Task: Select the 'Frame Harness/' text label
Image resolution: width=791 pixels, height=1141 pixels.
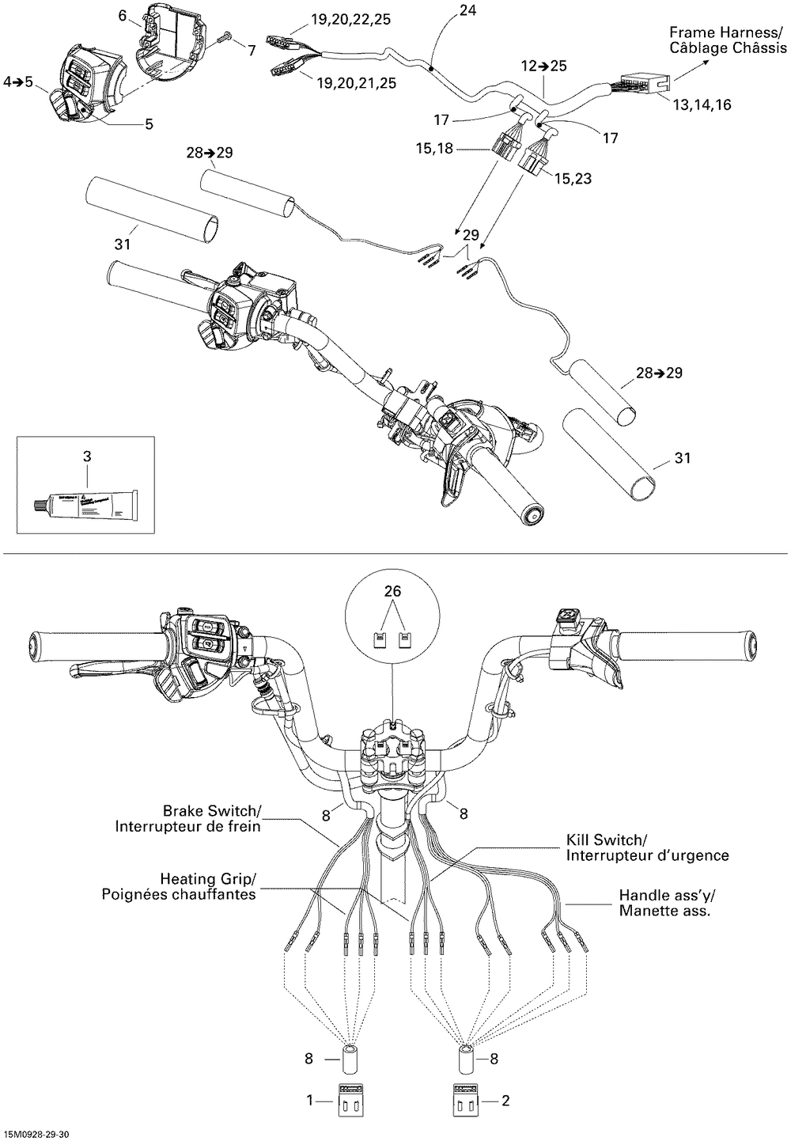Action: click(x=727, y=32)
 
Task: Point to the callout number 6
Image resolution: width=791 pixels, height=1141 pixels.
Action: click(x=123, y=15)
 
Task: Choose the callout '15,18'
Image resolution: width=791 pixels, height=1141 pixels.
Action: click(x=435, y=148)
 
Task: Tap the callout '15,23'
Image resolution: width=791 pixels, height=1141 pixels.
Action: click(x=573, y=179)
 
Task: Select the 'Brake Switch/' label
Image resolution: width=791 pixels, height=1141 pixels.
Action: click(x=211, y=811)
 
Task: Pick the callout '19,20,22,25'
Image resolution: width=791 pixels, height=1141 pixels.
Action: click(x=350, y=21)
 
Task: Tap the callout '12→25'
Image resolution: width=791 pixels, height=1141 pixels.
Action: click(x=543, y=66)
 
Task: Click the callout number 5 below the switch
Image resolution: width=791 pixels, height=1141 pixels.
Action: click(x=149, y=123)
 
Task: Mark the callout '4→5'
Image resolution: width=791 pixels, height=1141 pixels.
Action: click(x=18, y=81)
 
